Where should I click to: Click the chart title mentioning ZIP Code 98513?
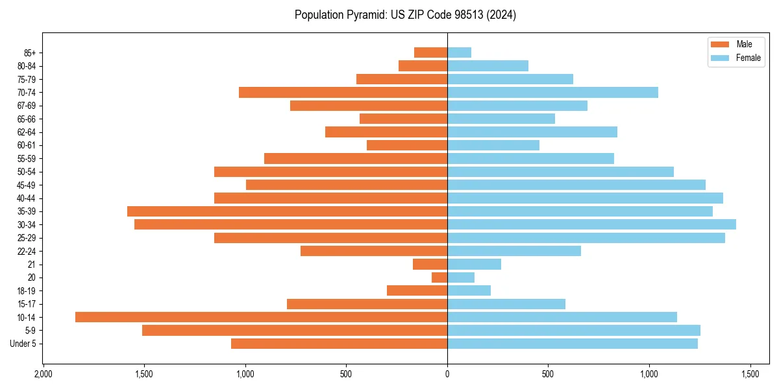pos(405,15)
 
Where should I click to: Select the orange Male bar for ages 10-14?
pos(261,317)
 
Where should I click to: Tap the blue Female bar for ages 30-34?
pos(591,224)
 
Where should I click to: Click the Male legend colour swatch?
pos(721,44)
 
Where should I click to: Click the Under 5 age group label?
pos(23,344)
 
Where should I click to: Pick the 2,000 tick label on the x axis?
pos(43,375)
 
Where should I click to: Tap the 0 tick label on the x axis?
pos(447,375)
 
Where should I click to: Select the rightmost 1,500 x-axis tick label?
pos(750,375)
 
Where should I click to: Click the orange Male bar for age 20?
pos(439,277)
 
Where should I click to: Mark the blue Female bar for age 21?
pos(474,264)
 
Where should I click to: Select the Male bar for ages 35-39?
pos(287,211)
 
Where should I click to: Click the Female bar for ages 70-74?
pos(552,93)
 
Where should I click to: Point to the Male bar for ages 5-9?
pos(295,331)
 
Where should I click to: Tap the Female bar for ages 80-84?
pos(488,65)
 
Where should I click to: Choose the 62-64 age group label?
pos(27,132)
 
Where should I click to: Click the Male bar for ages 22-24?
pos(374,251)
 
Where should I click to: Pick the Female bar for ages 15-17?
pos(506,304)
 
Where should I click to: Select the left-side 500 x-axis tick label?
pos(346,375)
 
